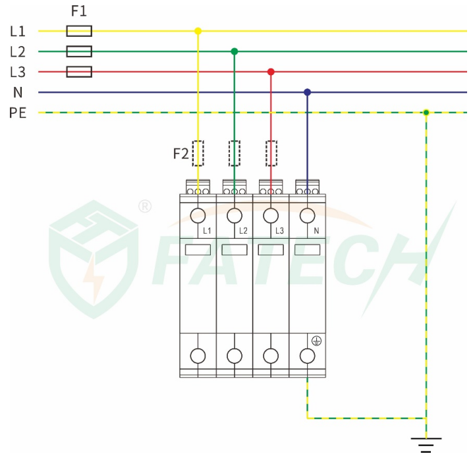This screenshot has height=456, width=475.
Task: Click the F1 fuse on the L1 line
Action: pos(79,31)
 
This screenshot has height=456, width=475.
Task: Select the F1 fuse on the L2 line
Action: pos(79,51)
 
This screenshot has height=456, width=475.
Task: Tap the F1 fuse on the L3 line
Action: pos(79,72)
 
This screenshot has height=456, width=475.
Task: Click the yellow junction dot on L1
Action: pos(198,31)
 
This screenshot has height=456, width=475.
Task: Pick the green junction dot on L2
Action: pos(234,51)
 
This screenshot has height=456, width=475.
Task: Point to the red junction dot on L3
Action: pos(271,72)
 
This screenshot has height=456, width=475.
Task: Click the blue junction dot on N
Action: pos(307,92)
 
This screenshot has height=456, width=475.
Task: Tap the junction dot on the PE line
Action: pos(426,113)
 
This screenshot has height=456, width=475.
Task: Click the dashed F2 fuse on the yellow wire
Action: pos(198,153)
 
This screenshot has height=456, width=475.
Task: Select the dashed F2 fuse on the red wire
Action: pos(271,153)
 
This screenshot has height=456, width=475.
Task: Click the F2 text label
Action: pos(181,154)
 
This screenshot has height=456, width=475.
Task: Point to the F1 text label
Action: pos(79,11)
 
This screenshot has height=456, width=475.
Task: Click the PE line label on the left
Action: pos(18,113)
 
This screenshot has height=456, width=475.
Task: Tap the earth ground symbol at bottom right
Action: pos(426,445)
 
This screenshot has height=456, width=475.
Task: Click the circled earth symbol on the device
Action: pos(316,341)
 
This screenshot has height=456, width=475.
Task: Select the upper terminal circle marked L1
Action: pos(198,216)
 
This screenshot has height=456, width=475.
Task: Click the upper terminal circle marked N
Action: pos(307,216)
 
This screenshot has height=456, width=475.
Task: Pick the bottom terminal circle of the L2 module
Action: pos(235,356)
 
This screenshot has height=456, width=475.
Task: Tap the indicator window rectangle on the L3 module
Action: pos(271,250)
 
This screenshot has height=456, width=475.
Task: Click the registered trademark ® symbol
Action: pos(145,207)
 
